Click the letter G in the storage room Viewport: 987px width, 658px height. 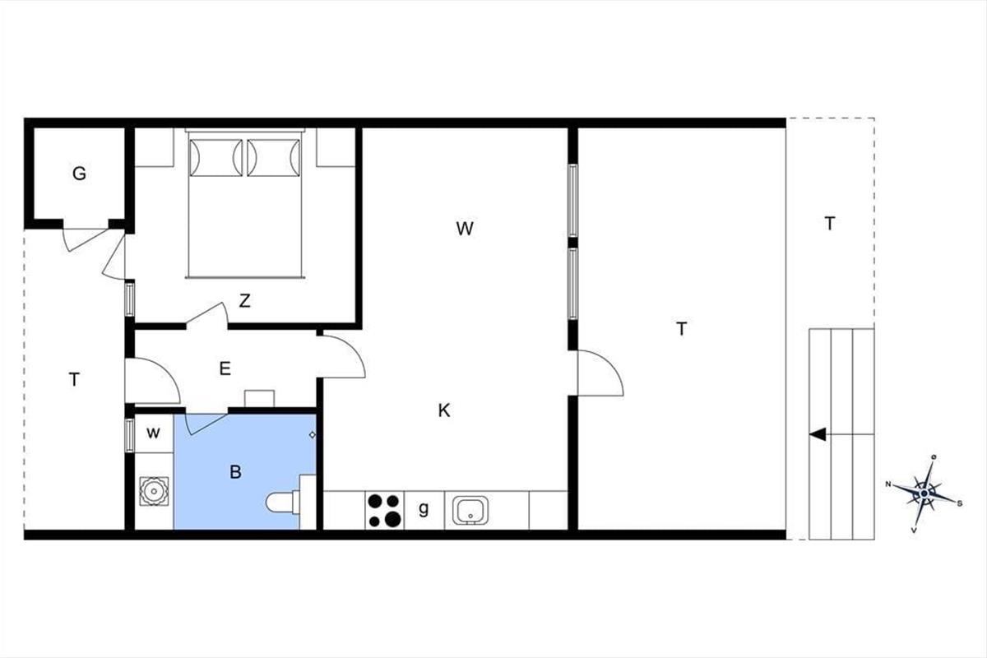coord(79,174)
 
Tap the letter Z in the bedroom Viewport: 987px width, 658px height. coord(245,301)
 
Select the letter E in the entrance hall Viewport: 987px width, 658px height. coord(225,368)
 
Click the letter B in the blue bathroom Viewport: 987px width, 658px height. coord(236,472)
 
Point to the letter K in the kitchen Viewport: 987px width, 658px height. coord(444,410)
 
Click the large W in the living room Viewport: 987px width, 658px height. coord(465,229)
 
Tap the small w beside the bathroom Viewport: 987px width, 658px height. coord(153,433)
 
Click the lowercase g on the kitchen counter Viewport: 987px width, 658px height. coord(424,509)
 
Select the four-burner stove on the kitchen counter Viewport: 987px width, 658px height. coord(385,510)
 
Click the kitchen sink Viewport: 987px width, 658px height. coord(470,510)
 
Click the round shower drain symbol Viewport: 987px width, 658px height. coord(154,491)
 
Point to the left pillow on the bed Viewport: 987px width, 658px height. coord(215,158)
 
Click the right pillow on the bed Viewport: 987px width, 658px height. coord(274,158)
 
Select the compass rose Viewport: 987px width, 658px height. coord(924,493)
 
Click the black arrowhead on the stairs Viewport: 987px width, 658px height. coord(818,434)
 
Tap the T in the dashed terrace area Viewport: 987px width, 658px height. coord(830,224)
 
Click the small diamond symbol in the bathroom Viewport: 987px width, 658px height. coord(313,435)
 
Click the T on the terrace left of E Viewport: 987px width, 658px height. coord(75,379)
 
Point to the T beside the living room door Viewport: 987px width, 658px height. coord(682,329)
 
